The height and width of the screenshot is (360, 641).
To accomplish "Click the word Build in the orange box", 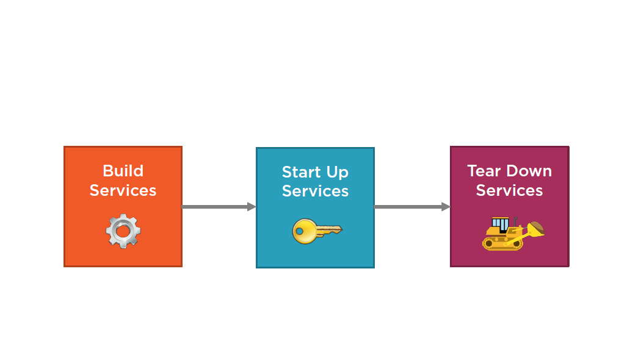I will pyautogui.click(x=123, y=171).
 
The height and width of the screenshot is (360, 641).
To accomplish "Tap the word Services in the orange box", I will pyautogui.click(x=123, y=190).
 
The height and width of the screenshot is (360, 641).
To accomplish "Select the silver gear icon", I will pyautogui.click(x=123, y=231).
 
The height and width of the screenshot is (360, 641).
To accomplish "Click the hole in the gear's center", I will pyautogui.click(x=123, y=231).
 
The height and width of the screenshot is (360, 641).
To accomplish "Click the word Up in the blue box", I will pyautogui.click(x=337, y=173).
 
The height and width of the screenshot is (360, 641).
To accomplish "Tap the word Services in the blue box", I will pyautogui.click(x=315, y=191).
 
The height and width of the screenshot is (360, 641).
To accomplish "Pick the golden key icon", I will pyautogui.click(x=317, y=231).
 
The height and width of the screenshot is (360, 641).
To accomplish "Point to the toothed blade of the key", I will pyautogui.click(x=330, y=230).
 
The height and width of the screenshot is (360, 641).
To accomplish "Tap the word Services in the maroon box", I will pyautogui.click(x=509, y=190).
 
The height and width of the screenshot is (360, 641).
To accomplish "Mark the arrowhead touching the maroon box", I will pyautogui.click(x=446, y=207).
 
